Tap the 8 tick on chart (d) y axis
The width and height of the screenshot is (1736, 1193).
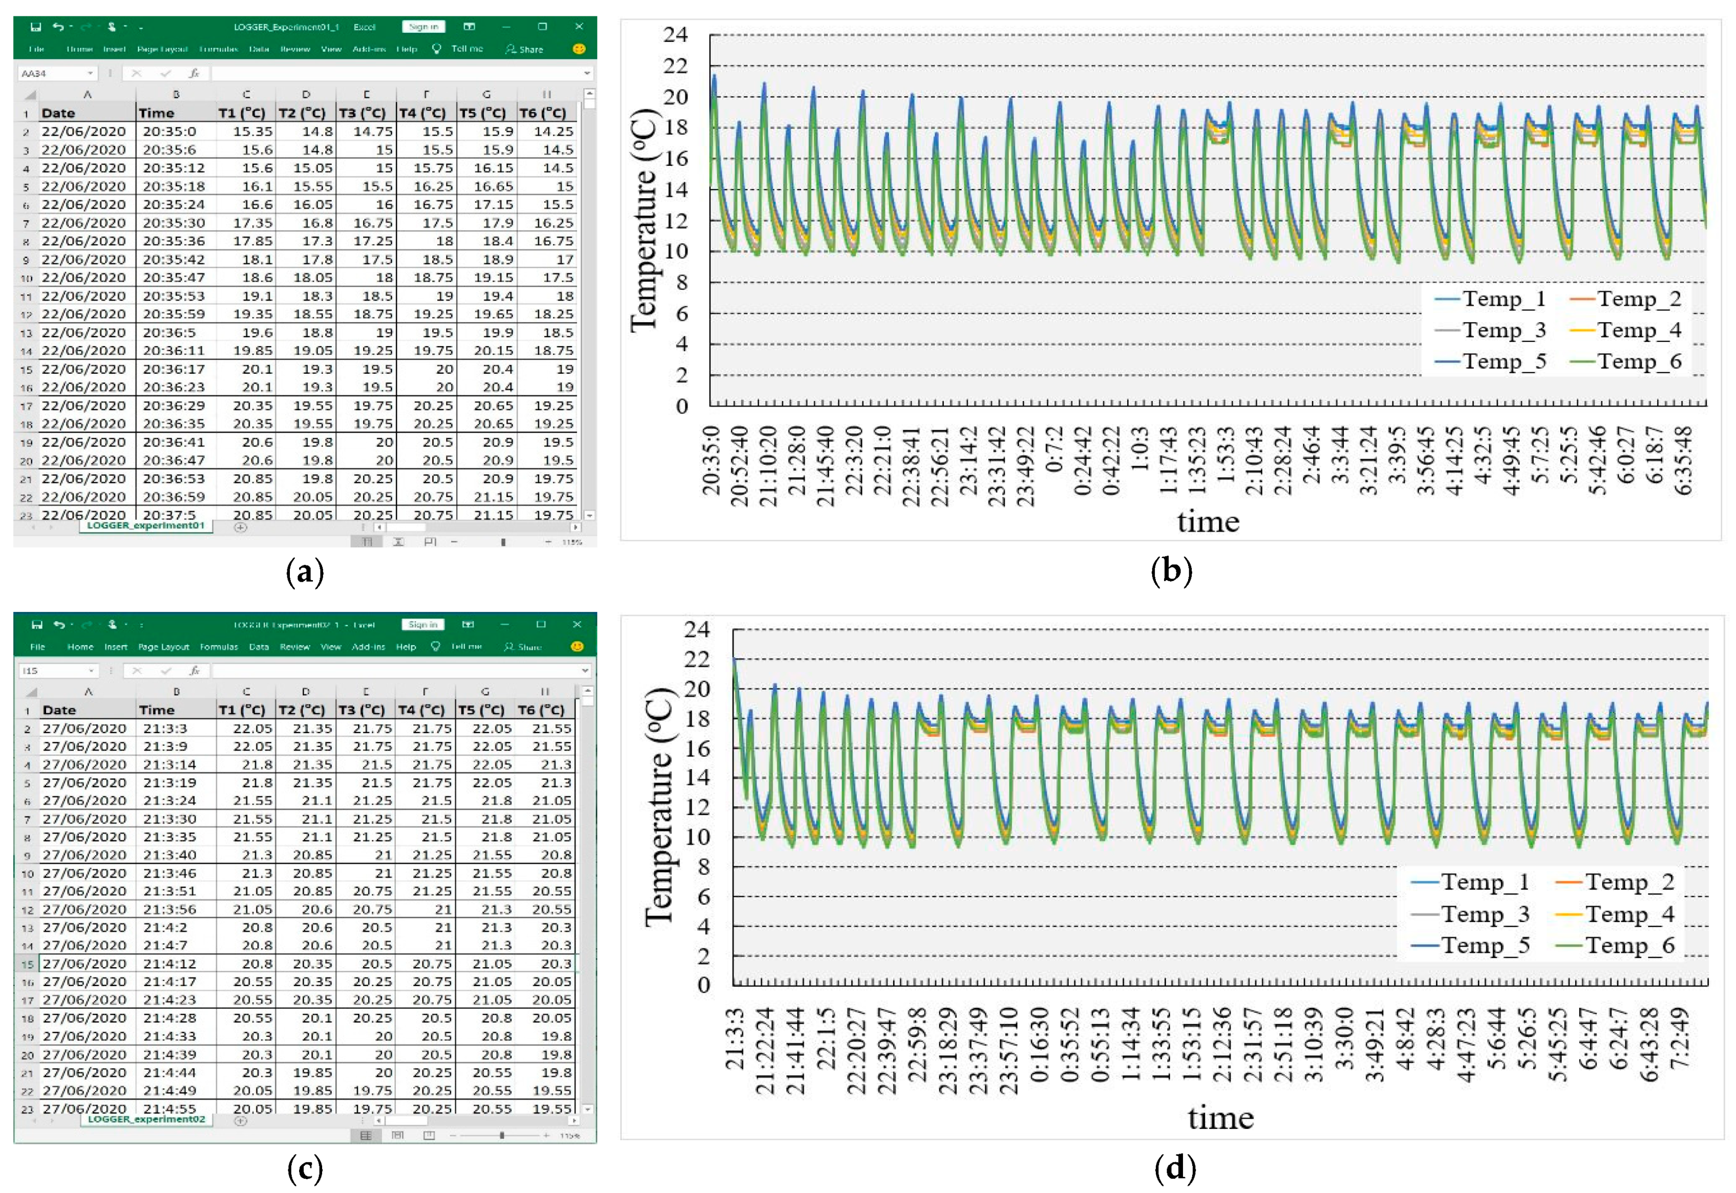point(703,867)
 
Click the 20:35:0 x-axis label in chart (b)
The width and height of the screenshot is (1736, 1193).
point(711,461)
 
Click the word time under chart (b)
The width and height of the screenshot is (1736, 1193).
point(1208,521)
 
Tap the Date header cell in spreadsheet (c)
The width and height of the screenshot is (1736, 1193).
point(60,710)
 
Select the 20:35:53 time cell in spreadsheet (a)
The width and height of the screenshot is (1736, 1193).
point(173,296)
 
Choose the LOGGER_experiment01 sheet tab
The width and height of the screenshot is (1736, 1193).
point(146,525)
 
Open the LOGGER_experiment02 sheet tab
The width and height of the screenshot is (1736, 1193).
point(146,1119)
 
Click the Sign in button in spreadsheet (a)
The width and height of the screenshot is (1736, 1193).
point(423,27)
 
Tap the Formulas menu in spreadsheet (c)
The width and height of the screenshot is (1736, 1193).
point(218,647)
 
